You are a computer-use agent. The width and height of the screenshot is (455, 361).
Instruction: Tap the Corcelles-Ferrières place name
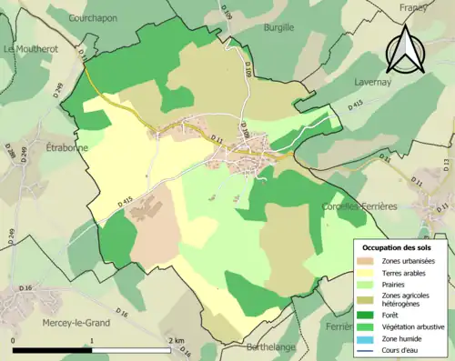click(x=359, y=206)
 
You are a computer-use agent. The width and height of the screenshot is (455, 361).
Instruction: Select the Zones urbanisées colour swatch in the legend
click(x=367, y=260)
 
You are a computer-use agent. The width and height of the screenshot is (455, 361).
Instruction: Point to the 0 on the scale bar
click(x=13, y=341)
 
